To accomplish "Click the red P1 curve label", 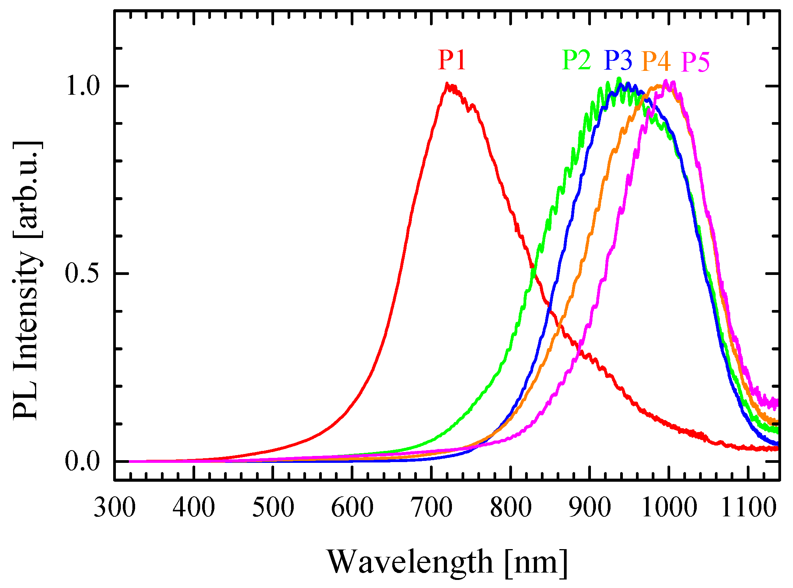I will pos(452,60).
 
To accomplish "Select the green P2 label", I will pos(576,60).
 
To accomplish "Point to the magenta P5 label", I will pos(695,62).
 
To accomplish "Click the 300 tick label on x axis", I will pos(115,508).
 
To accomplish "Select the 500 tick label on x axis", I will pos(273,508).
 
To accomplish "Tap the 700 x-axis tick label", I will pos(431,508).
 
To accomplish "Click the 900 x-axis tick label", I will pos(589,508).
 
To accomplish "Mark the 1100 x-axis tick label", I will pos(748,508).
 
